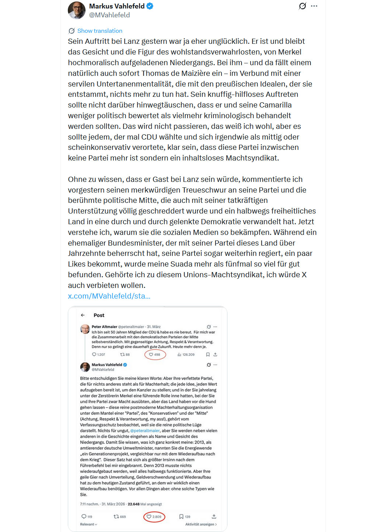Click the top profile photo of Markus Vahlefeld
77,10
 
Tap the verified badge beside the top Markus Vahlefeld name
150,6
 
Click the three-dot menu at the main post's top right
314,6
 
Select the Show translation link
100,31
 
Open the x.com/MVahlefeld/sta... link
109,296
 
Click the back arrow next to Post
83,315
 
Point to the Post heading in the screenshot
99,315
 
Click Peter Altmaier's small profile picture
85,329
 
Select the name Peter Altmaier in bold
104,327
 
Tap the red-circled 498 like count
155,355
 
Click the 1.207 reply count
98,355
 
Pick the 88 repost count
125,355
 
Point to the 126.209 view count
186,355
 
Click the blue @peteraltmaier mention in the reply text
145,430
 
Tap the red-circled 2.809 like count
154,517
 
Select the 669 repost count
120,517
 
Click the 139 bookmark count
185,517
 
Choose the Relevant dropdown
88,524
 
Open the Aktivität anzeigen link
201,524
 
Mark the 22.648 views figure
133,504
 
